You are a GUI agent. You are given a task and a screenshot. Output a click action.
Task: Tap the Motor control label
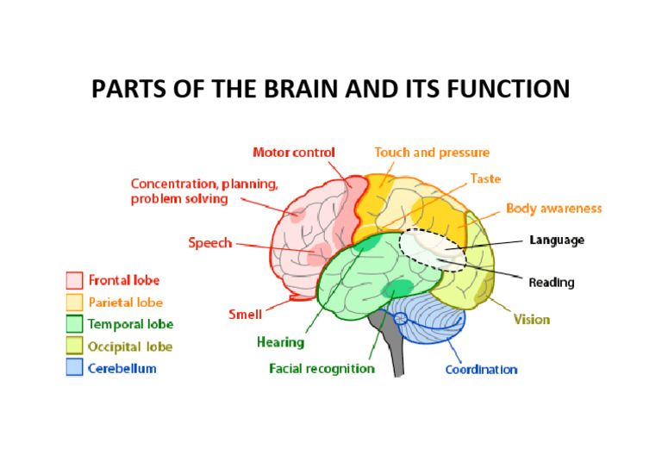(294, 153)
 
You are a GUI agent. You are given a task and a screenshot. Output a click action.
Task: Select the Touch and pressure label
(432, 153)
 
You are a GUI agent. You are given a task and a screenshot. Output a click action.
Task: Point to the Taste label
(485, 179)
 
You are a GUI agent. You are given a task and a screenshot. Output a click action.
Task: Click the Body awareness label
(553, 209)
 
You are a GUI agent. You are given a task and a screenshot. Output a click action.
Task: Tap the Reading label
(551, 282)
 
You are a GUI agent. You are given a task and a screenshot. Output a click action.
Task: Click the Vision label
(532, 320)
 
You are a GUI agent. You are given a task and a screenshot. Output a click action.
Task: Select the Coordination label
(481, 370)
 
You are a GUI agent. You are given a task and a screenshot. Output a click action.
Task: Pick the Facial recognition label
(322, 369)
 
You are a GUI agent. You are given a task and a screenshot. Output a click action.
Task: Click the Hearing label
(280, 342)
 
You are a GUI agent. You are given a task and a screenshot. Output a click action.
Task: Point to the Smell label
(245, 315)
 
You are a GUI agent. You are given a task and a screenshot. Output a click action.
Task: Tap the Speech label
(210, 243)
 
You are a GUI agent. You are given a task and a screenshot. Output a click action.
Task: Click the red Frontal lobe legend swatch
(75, 280)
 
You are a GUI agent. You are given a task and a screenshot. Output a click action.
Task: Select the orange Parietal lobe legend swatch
(75, 303)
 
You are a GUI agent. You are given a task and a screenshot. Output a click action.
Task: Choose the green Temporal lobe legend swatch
(75, 324)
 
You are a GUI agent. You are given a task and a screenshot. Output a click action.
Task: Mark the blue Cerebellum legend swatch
(75, 369)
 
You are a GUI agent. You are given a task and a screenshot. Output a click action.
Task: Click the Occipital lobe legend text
(130, 346)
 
